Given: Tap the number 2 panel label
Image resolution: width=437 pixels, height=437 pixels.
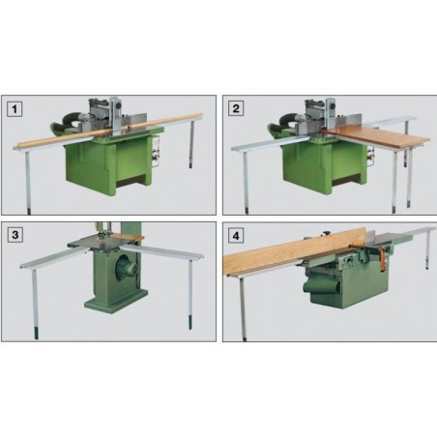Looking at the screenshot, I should point(235,107).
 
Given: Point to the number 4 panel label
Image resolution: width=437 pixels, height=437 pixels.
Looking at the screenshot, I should point(235,234).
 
